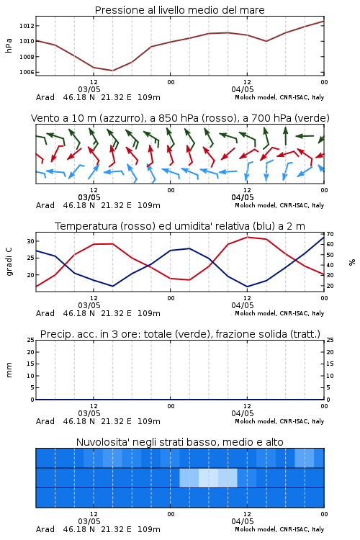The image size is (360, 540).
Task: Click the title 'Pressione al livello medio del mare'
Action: [x=179, y=10]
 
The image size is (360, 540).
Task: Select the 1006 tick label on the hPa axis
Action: [x=27, y=72]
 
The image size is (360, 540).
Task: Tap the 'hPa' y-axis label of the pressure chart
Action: [x=9, y=45]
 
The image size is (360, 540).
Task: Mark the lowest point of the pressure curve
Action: [x=112, y=71]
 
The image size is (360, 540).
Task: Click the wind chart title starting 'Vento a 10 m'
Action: [x=180, y=118]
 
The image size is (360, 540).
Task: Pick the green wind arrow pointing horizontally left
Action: [x=305, y=136]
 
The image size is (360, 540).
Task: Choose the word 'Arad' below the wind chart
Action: [x=45, y=205]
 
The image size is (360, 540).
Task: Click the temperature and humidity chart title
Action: [x=180, y=226]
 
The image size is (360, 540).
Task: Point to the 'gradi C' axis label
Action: [x=9, y=262]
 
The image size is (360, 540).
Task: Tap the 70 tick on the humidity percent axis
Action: [x=330, y=234]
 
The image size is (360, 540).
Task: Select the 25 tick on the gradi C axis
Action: [x=31, y=258]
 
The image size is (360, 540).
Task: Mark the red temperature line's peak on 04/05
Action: [x=247, y=237]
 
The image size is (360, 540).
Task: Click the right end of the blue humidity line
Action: [x=324, y=237]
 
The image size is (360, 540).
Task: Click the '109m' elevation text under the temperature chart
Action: [x=149, y=313]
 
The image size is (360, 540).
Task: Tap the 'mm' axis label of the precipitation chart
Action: [x=9, y=370]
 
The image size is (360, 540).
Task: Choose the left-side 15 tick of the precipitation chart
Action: [x=31, y=364]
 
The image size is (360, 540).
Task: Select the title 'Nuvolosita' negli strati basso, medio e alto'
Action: [x=180, y=442]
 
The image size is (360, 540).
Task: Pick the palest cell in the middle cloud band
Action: [x=208, y=477]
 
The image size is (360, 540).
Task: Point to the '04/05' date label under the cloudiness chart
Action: [x=243, y=521]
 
